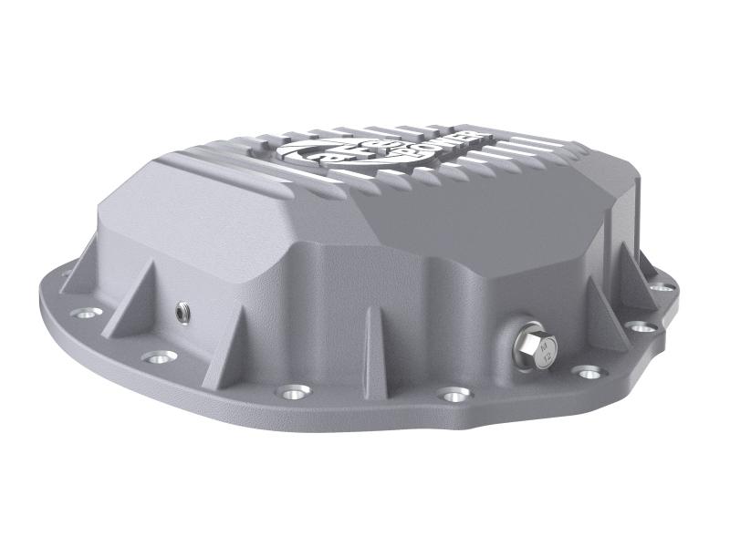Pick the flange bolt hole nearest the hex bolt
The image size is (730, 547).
click(586, 371)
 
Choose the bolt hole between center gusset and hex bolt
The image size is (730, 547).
click(451, 395)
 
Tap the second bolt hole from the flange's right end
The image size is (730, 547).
click(643, 325)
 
